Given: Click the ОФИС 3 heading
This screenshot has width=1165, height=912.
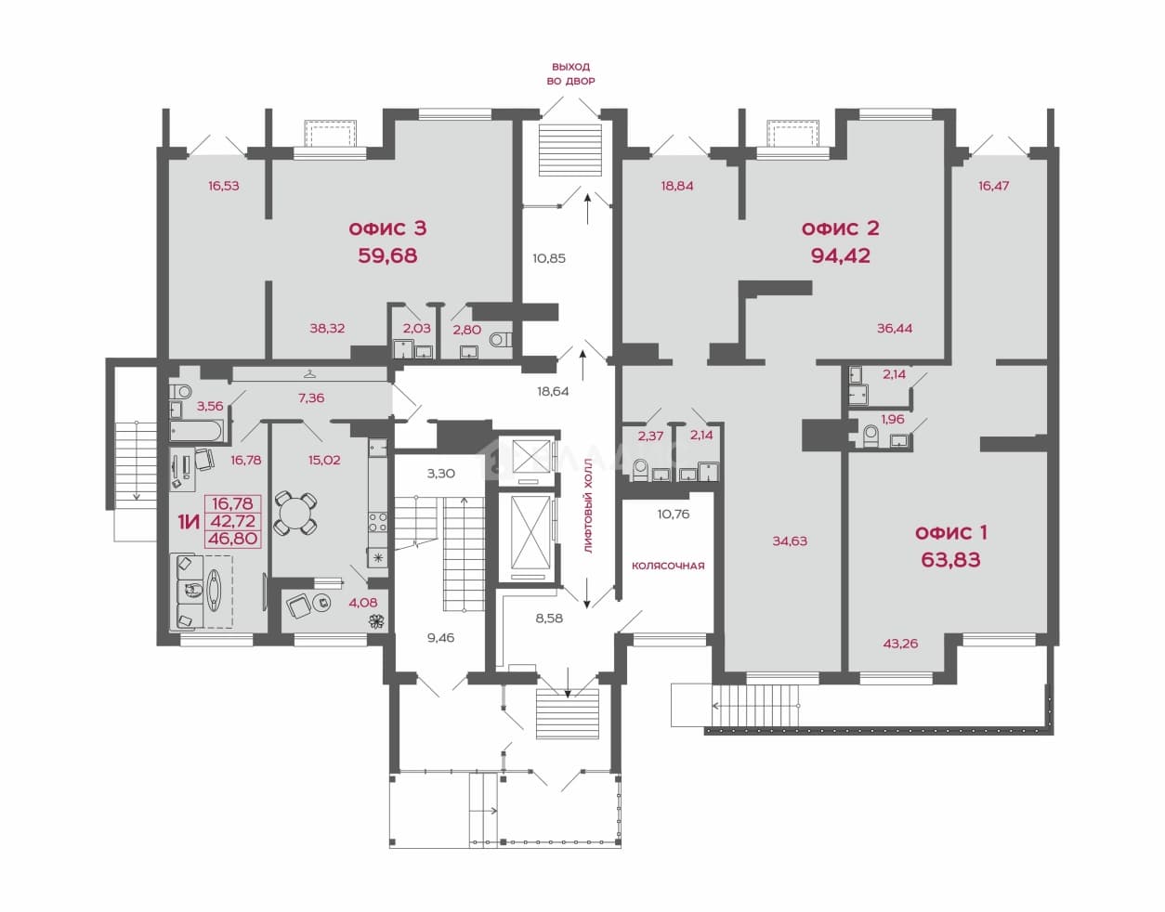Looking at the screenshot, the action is click(x=387, y=228).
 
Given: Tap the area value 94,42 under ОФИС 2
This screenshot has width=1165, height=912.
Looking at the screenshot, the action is click(x=840, y=255).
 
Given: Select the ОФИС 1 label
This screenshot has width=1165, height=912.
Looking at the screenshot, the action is click(x=951, y=533).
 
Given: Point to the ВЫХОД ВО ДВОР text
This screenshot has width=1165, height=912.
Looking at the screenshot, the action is click(x=570, y=74).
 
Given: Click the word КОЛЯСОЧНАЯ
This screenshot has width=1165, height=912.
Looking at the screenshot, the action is click(x=668, y=566).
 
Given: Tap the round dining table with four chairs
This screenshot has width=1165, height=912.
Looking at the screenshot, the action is click(x=295, y=514).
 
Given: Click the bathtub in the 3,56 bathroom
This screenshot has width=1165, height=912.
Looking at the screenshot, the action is click(x=196, y=431).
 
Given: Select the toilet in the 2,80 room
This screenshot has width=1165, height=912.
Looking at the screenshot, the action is click(x=499, y=340).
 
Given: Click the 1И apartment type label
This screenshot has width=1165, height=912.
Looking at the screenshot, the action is click(x=189, y=521).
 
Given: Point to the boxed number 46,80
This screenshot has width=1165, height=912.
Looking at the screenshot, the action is click(x=232, y=539).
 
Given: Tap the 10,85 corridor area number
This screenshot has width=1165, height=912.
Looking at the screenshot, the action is click(x=549, y=258).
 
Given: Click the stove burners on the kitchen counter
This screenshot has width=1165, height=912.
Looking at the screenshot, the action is click(x=377, y=521).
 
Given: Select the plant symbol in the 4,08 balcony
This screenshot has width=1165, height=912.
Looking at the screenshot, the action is click(x=377, y=621).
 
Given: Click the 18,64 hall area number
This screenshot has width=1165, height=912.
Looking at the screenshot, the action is click(x=553, y=391).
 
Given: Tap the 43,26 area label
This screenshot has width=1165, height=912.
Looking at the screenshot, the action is click(x=900, y=643).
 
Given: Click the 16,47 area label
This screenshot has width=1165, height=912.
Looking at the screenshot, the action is click(x=993, y=186).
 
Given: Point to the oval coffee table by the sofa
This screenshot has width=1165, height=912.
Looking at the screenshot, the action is click(x=214, y=591).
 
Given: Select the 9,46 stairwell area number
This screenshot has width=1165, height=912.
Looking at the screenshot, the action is click(x=440, y=638).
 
